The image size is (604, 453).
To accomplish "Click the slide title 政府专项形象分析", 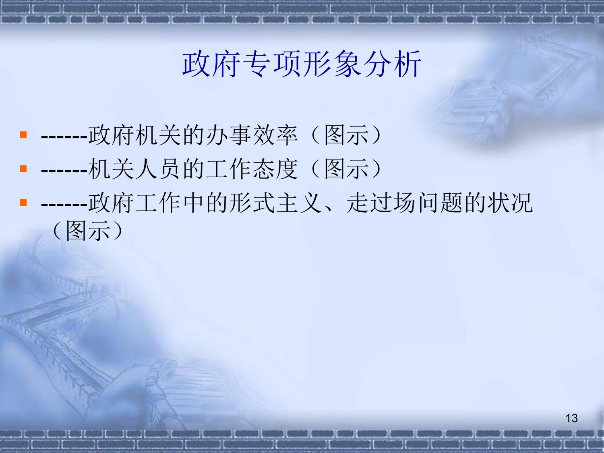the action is pos(302,64).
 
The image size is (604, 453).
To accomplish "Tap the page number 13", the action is pos(571,418).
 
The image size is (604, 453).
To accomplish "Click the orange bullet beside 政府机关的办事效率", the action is pos(23,135).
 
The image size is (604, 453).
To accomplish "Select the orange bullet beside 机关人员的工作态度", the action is pos(23,168).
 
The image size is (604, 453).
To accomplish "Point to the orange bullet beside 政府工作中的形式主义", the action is pos(23,203).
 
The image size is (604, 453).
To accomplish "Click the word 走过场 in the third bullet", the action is pos(381,203).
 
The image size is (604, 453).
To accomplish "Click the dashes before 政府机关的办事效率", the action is pos(64,137).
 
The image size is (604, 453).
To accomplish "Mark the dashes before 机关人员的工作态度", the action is pos(64,170).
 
